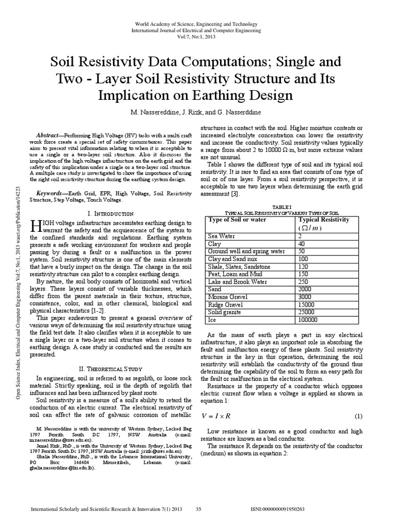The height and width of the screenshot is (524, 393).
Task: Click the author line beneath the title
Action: click(x=196, y=112)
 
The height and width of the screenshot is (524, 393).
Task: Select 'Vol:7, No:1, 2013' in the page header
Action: click(x=196, y=38)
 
